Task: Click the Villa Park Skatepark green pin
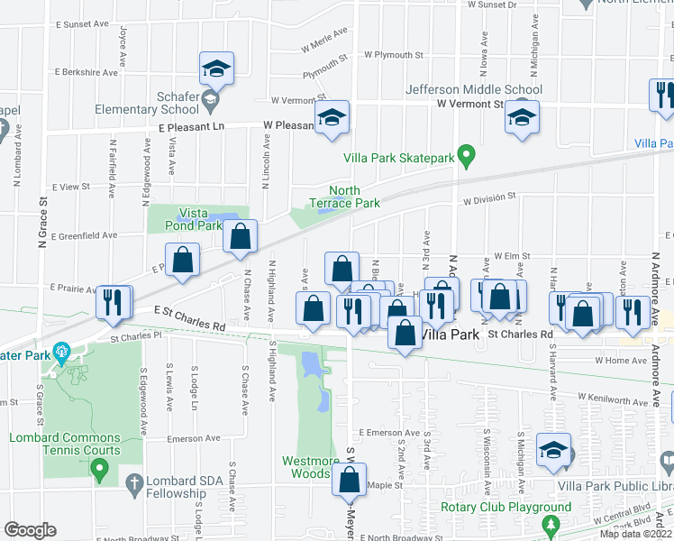click(466, 156)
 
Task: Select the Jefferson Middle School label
click(474, 89)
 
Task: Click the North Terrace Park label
click(344, 197)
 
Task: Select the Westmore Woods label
click(312, 467)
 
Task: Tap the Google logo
click(30, 530)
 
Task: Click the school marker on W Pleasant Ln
click(332, 118)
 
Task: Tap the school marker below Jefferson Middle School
click(522, 118)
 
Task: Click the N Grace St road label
click(41, 224)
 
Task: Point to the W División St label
click(489, 197)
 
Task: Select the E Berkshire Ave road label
click(87, 72)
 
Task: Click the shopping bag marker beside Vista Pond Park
click(241, 237)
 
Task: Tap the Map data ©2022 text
click(634, 534)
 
